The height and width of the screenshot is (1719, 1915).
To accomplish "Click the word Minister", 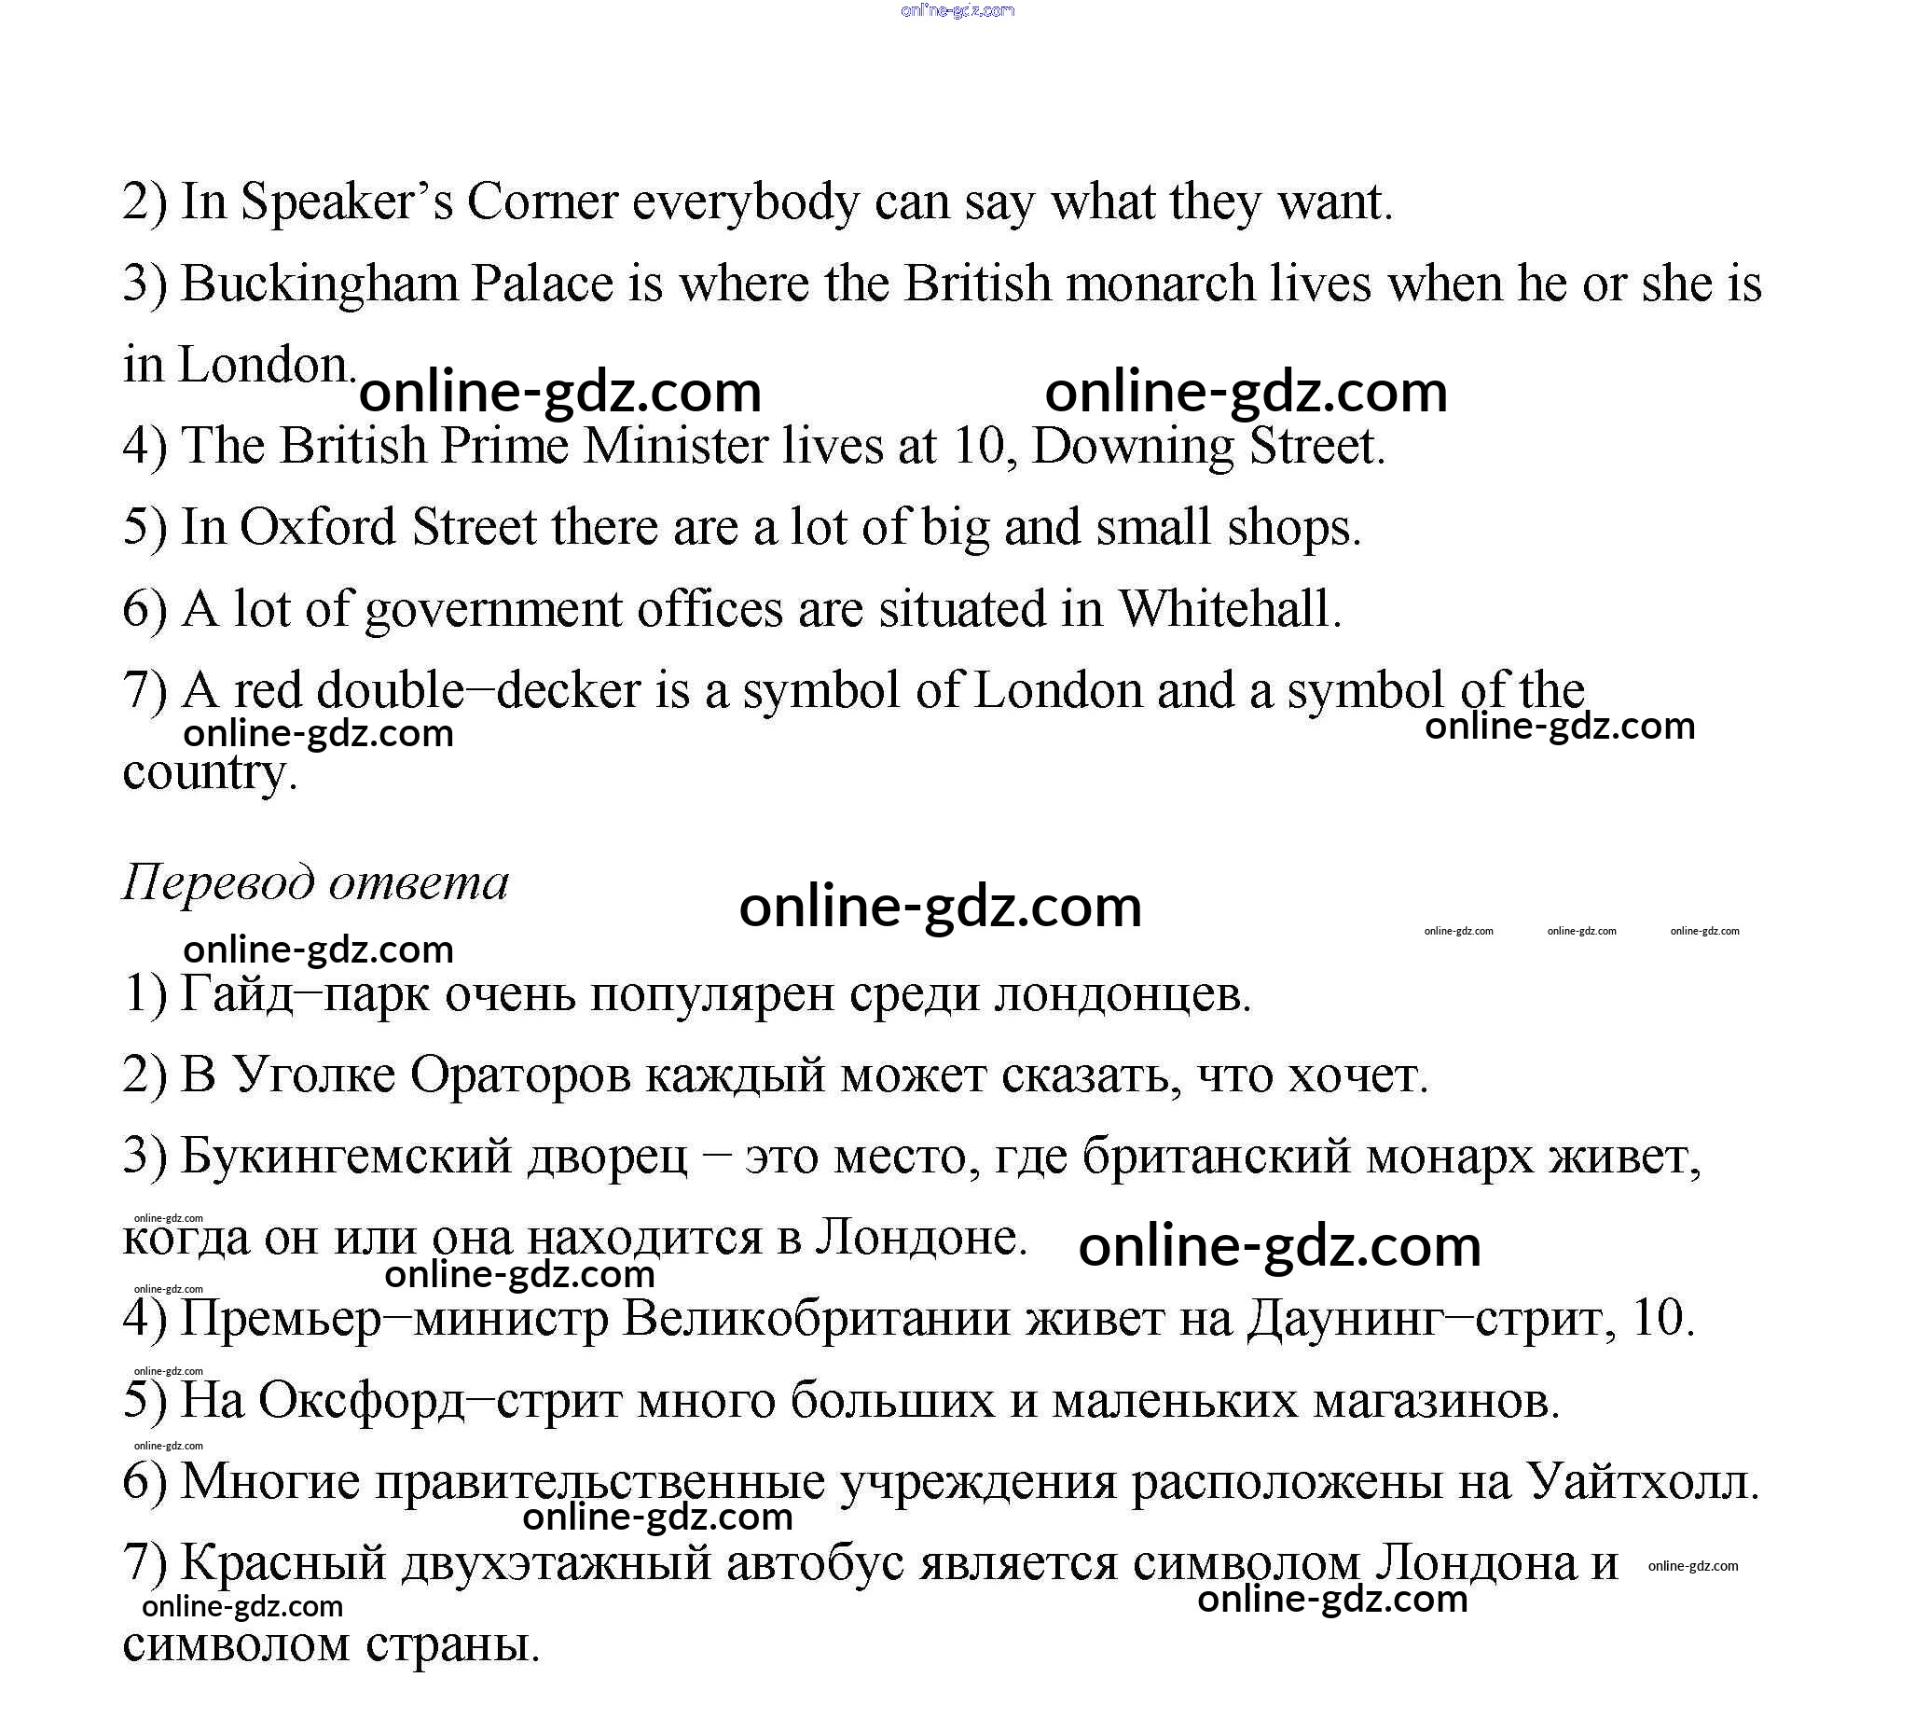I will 674,446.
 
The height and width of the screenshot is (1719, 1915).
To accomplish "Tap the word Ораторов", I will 519,1075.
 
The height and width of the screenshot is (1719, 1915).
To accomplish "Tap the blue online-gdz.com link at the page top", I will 957,11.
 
